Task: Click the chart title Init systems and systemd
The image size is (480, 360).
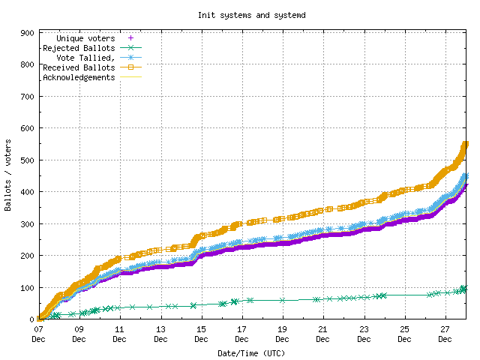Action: [240, 15]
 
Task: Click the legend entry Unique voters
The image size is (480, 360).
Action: [86, 38]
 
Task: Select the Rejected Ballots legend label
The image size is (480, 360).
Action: [79, 48]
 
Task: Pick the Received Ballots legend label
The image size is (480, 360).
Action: [79, 67]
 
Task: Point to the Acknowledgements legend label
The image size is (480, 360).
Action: [79, 77]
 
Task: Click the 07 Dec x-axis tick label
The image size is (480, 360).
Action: [38, 334]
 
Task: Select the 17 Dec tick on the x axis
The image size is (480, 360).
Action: [241, 334]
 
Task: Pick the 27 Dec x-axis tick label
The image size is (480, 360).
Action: [445, 334]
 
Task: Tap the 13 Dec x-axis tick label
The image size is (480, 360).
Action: [160, 334]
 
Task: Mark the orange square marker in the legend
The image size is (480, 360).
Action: [130, 67]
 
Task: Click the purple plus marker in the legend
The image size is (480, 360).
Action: [130, 38]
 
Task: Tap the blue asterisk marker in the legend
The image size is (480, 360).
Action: [130, 58]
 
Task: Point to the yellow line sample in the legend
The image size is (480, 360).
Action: [130, 77]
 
